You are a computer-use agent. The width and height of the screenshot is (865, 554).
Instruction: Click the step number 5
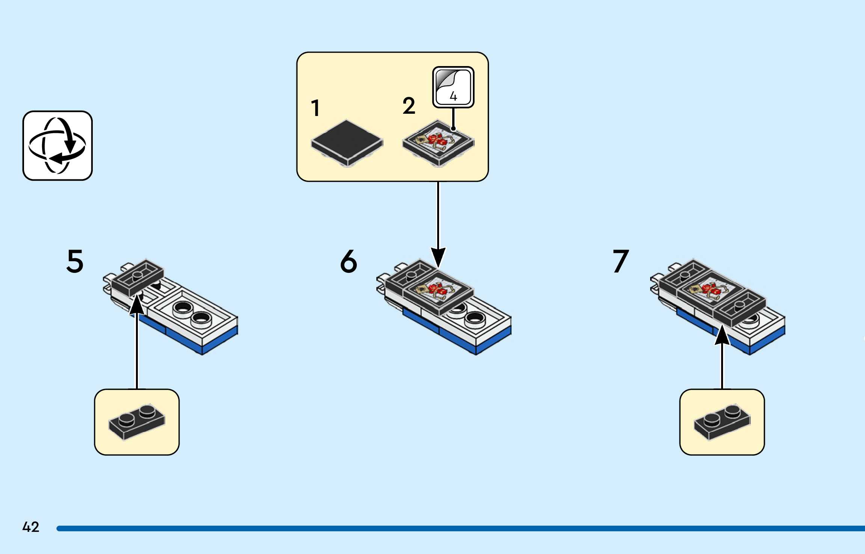[75, 261]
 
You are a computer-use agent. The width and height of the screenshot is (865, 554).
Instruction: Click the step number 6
[349, 261]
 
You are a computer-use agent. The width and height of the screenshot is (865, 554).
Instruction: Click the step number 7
[621, 261]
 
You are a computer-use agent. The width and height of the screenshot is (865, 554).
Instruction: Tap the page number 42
[31, 527]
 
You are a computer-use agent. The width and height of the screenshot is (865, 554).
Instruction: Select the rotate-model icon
[57, 146]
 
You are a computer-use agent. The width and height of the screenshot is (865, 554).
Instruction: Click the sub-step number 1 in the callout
[316, 108]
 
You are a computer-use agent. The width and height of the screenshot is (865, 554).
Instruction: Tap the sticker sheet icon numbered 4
[453, 87]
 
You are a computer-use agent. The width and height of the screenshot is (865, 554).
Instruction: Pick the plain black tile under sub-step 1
[347, 143]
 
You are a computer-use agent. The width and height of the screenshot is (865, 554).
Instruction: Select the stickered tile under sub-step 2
[438, 143]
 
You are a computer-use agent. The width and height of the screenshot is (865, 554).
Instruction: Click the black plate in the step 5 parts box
[137, 422]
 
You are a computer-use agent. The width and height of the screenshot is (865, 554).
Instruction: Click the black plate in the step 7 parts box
[722, 422]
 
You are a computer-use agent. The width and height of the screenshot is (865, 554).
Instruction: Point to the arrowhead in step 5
[137, 303]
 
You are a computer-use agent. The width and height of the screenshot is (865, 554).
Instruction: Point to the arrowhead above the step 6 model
[438, 257]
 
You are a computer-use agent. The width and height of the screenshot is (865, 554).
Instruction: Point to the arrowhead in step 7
[722, 335]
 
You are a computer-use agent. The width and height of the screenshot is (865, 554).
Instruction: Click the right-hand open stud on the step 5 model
[201, 319]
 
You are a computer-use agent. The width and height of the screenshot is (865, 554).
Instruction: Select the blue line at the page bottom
[460, 528]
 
